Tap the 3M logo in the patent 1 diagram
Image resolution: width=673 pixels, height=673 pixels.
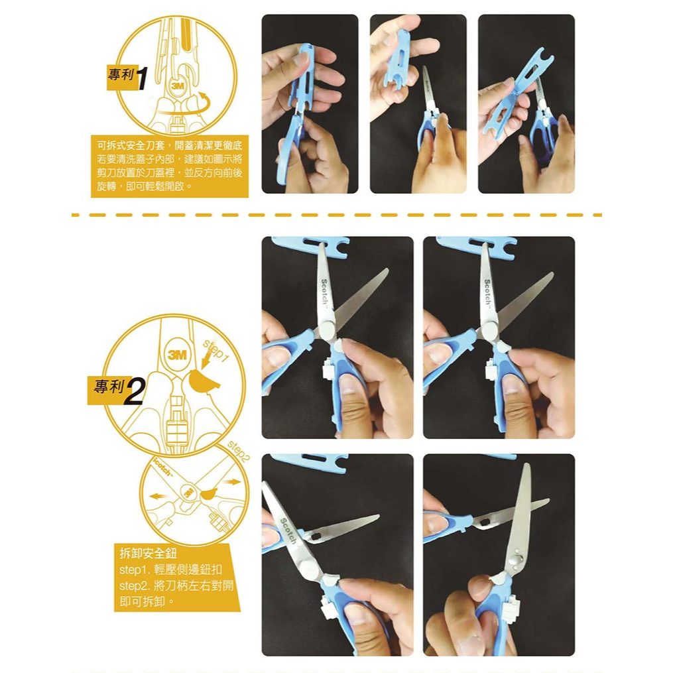click(177, 86)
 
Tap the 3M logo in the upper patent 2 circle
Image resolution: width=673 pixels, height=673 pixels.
click(177, 355)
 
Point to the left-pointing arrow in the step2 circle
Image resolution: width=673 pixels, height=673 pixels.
click(158, 496)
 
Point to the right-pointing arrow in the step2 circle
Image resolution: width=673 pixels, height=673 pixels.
click(233, 482)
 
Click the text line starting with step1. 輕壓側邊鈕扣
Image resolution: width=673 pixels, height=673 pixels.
click(171, 570)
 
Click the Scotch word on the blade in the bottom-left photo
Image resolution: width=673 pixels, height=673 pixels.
click(288, 531)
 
